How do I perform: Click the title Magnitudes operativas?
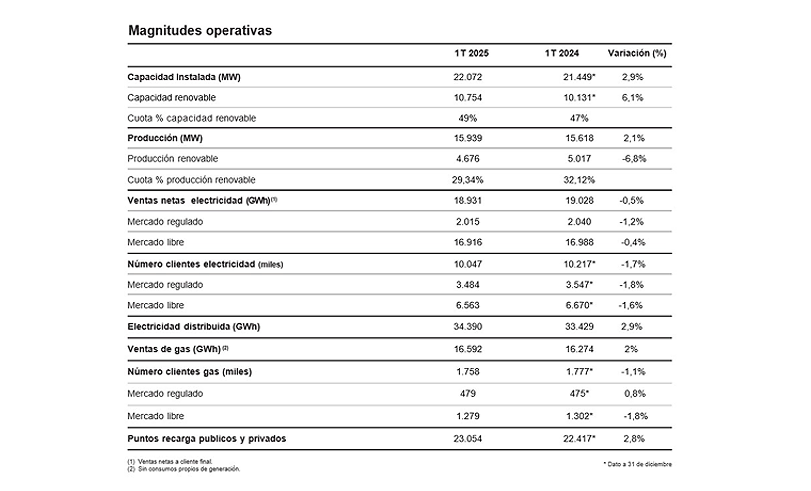coord(200,30)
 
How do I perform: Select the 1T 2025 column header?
coord(472,54)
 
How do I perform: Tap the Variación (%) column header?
coord(637,54)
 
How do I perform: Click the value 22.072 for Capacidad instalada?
coord(468,77)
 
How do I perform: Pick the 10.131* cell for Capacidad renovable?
coord(579,98)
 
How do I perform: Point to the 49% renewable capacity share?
coord(468,118)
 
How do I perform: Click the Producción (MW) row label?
coord(165,138)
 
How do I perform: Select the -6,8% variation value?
coord(634,159)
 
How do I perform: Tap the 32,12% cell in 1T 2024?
coord(579,180)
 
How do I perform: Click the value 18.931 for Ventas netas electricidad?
coord(468,200)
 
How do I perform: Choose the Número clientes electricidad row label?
coord(205,264)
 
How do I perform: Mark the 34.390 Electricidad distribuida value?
coord(468,327)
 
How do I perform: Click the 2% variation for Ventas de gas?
coord(631,349)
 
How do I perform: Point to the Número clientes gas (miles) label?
coord(189,372)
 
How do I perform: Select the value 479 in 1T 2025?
coord(468,393)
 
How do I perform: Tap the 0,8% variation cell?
coord(635,393)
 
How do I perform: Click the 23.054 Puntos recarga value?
coord(468,439)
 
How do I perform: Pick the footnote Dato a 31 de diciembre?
coord(637,464)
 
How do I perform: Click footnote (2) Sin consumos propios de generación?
coord(184,470)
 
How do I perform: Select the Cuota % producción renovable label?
coord(191,180)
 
